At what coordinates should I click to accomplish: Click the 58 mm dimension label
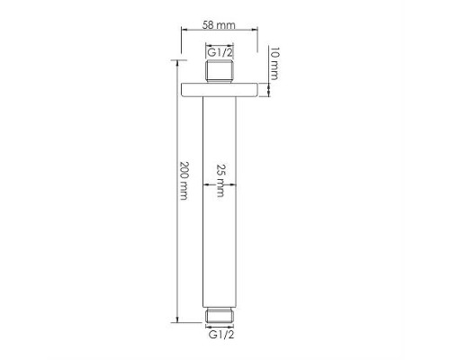tap(219, 25)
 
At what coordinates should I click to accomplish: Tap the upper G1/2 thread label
tap(220, 52)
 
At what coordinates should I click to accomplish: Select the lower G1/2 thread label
tap(221, 334)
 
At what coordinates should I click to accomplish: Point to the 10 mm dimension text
tap(274, 63)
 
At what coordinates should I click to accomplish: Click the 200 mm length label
tap(184, 181)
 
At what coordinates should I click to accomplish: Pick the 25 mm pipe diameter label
tap(220, 180)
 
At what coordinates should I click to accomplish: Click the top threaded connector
tap(220, 71)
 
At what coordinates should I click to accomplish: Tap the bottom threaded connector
tap(220, 315)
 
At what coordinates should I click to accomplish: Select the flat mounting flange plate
tap(220, 90)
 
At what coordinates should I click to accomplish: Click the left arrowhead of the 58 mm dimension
tap(184, 30)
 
